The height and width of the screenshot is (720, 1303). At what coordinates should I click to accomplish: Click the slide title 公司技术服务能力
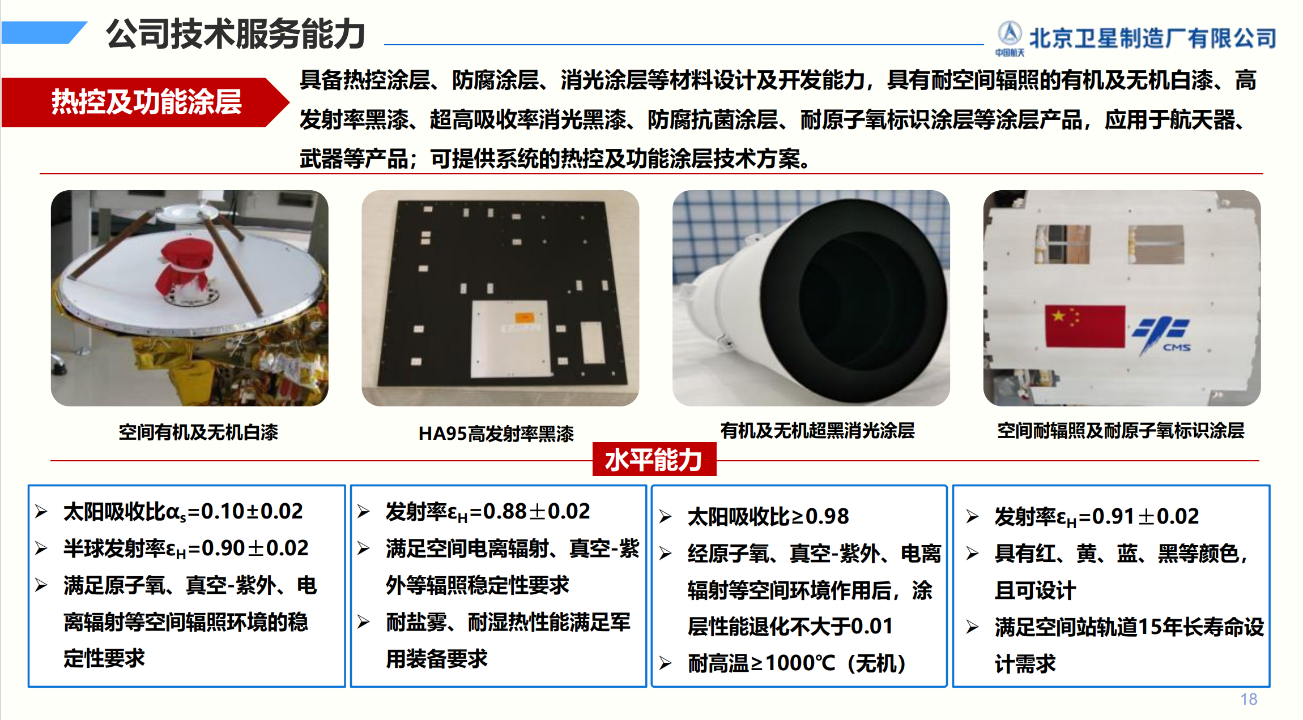click(x=236, y=34)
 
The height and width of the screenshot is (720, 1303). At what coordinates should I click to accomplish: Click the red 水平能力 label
click(x=654, y=459)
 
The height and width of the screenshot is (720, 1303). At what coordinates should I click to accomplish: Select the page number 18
click(x=1249, y=699)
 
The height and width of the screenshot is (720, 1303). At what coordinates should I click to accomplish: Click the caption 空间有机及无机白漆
click(x=198, y=432)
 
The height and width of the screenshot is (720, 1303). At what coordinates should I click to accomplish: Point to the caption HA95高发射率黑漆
click(x=496, y=434)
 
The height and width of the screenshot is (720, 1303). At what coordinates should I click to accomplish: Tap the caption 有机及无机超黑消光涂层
click(x=817, y=431)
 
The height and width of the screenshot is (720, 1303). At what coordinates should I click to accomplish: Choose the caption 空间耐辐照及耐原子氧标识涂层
click(x=1121, y=431)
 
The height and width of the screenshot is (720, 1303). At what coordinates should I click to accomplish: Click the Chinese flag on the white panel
click(x=1085, y=326)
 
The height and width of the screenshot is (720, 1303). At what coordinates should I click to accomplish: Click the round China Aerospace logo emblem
click(x=1010, y=33)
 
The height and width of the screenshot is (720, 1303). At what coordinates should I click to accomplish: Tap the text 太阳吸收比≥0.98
click(x=768, y=516)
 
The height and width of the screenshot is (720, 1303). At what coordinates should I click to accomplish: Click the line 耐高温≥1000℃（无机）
click(x=797, y=663)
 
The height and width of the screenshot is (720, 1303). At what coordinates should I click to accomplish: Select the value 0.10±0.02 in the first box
click(x=252, y=511)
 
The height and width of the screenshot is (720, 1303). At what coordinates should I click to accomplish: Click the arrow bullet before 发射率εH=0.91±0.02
click(x=972, y=517)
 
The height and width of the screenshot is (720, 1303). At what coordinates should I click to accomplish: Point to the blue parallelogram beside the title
click(x=44, y=32)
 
